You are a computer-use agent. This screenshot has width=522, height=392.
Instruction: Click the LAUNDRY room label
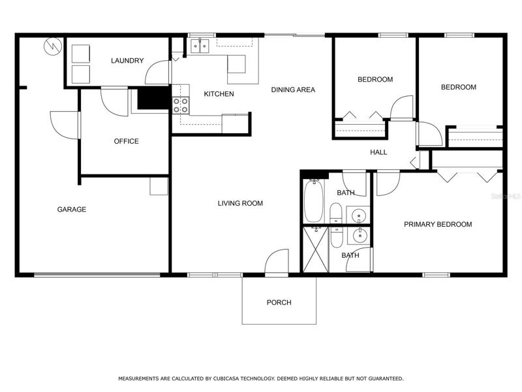(127, 61)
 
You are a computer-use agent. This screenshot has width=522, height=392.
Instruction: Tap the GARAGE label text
(72, 209)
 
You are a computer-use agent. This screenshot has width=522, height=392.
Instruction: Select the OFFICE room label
(126, 141)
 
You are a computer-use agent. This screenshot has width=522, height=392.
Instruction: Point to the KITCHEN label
(219, 94)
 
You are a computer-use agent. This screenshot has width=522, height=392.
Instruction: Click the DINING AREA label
(293, 90)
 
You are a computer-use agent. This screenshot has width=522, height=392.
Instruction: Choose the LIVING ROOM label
(240, 203)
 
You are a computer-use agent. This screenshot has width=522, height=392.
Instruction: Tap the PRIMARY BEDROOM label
(438, 224)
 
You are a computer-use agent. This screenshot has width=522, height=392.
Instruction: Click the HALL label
(378, 152)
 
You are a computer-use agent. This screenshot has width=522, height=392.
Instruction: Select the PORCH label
(279, 302)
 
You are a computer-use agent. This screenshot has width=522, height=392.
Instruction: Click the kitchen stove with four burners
(181, 105)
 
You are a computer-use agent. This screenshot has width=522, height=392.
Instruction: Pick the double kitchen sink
(200, 46)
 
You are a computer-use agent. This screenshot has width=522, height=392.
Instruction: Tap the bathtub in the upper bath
(314, 201)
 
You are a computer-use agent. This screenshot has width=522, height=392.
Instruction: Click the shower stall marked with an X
(316, 250)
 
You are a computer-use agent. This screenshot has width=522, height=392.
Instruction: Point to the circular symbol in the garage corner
(53, 46)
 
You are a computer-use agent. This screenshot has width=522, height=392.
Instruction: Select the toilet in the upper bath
(336, 213)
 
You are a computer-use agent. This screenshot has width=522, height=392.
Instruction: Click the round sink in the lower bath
(360, 236)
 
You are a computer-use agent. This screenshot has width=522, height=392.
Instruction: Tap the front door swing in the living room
(277, 261)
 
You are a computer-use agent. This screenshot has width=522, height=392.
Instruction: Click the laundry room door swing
(157, 73)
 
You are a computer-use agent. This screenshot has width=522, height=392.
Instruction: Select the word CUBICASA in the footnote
(226, 379)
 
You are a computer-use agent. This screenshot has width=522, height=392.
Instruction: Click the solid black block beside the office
(154, 98)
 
